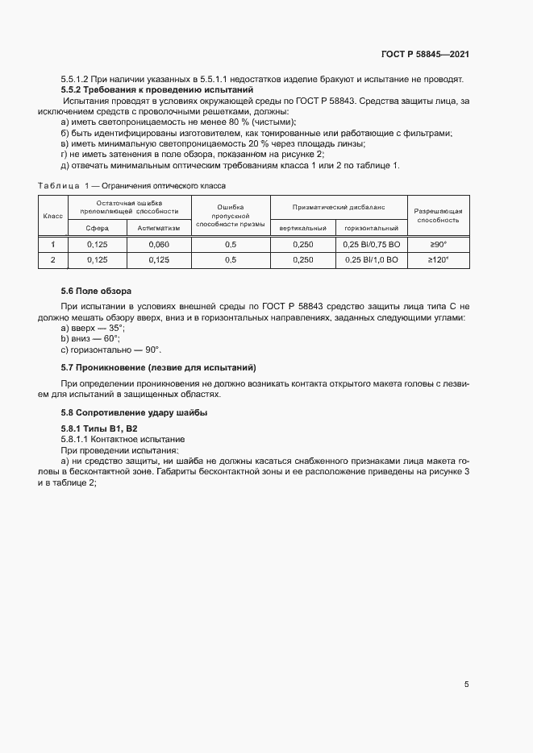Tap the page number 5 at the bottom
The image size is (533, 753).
pyautogui.click(x=466, y=685)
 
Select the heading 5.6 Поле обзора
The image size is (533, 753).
pyautogui.click(x=96, y=290)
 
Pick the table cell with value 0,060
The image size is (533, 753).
pyautogui.click(x=160, y=244)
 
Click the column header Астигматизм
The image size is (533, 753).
pyautogui.click(x=160, y=228)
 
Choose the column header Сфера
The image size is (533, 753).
pyautogui.click(x=97, y=228)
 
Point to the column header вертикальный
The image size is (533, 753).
pyautogui.click(x=302, y=228)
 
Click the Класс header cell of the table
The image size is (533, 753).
pyautogui.click(x=53, y=216)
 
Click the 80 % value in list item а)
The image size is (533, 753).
pyautogui.click(x=219, y=122)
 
